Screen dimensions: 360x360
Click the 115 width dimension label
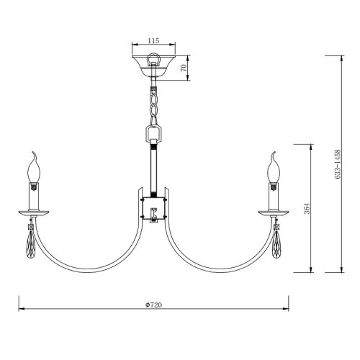tap(153, 40)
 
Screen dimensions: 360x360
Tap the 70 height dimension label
tap(184, 68)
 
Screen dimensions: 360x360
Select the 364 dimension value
tap(307, 208)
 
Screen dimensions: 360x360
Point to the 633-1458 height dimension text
tap(337, 164)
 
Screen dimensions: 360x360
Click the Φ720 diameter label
tap(153, 305)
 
